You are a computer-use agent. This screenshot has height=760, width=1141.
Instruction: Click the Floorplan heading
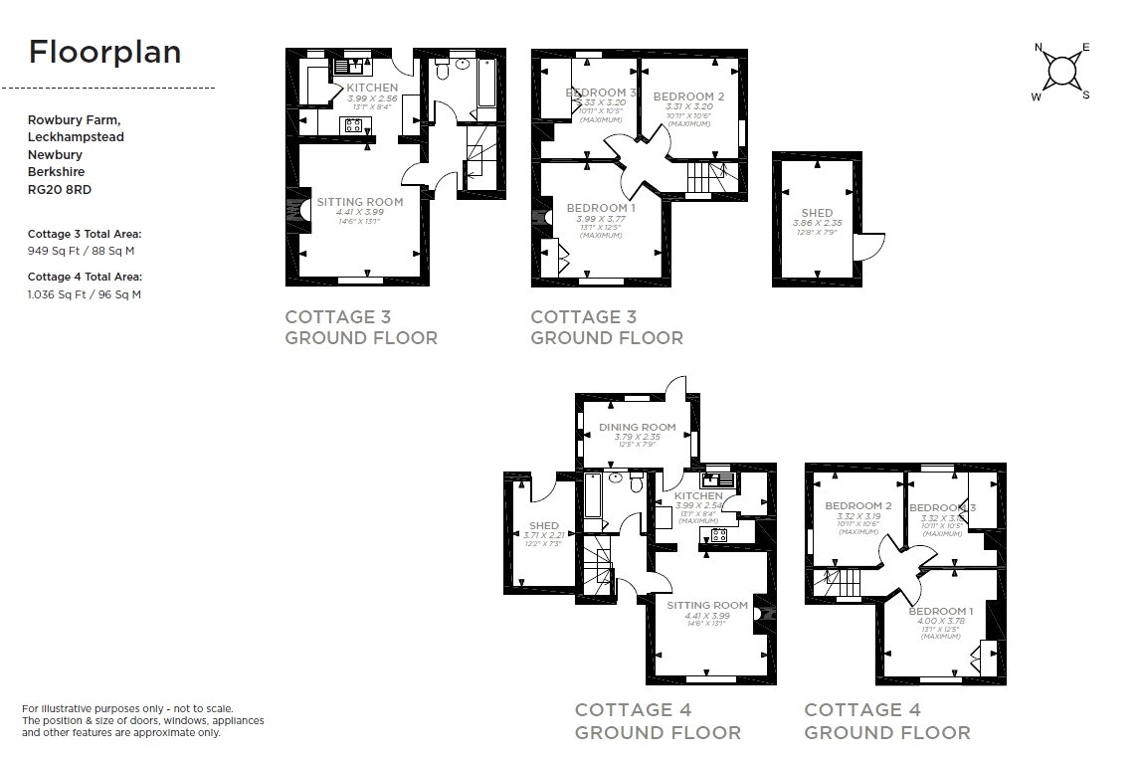coord(104,52)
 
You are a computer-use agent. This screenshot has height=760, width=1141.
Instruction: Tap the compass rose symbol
coord(1063,72)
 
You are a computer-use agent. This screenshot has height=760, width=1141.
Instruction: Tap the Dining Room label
coord(637,428)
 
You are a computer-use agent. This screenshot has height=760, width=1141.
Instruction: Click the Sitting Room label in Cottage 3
coord(360,202)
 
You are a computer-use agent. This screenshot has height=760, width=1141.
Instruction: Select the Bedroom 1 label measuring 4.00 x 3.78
coord(941,611)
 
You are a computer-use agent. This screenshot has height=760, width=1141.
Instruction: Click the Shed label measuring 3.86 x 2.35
coord(817,213)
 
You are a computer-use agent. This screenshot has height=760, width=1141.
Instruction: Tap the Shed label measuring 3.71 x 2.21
coord(543,525)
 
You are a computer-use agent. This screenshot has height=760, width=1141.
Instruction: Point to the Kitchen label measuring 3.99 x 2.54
coord(699,496)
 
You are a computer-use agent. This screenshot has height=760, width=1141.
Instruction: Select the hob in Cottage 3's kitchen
coord(353,124)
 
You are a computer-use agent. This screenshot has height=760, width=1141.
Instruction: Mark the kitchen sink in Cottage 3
coord(349,68)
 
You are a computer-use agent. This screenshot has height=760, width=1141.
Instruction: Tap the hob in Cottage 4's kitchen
coord(717,535)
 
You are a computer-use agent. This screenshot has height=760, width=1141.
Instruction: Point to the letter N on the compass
coord(1039,48)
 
